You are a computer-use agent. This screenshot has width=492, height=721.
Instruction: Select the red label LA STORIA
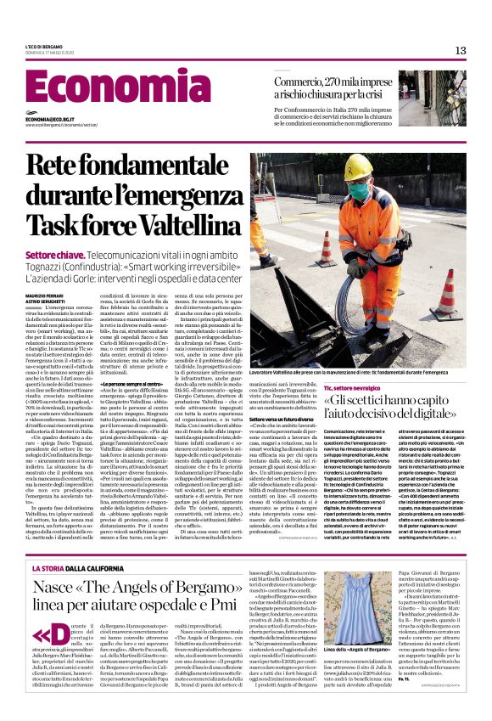click(54, 544)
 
